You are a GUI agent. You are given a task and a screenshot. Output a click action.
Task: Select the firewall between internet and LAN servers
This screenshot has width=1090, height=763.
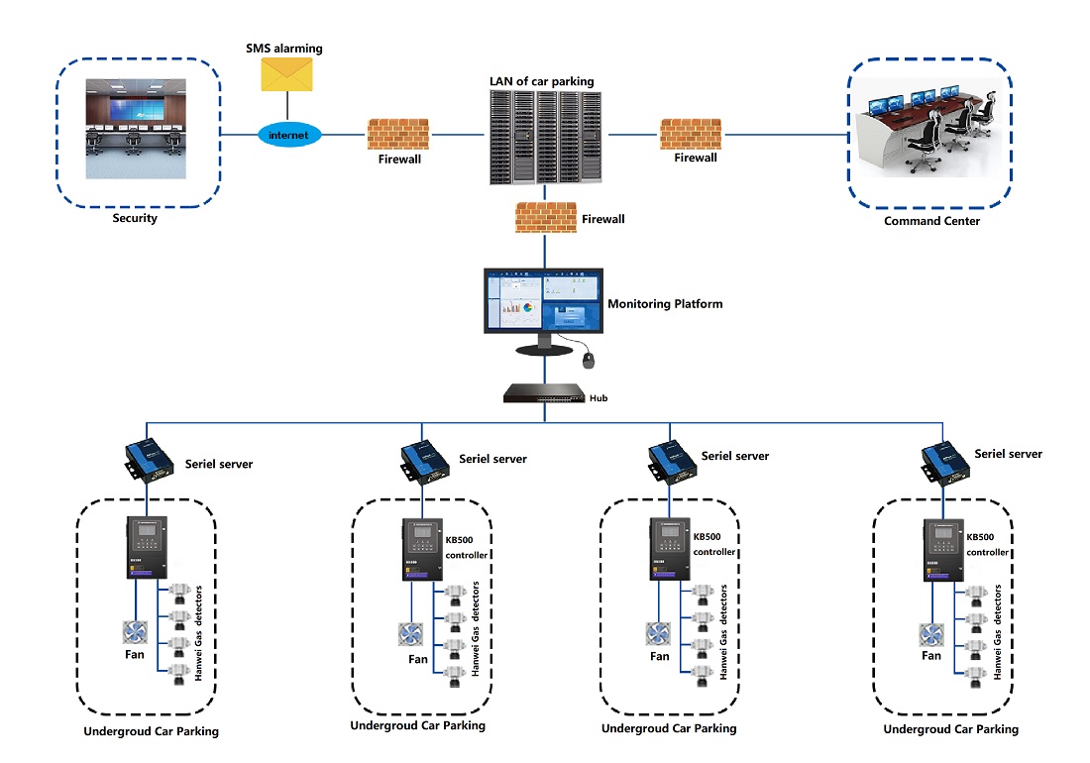(397, 134)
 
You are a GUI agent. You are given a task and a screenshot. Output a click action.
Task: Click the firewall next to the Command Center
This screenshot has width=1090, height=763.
(692, 134)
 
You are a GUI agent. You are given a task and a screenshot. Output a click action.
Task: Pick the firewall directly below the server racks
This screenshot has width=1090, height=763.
(546, 218)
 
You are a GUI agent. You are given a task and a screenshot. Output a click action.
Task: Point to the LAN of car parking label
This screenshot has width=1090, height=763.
(541, 80)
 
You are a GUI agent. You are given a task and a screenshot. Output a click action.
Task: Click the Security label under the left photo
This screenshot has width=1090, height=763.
(135, 218)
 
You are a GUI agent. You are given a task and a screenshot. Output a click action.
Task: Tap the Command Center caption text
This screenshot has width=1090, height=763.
(931, 221)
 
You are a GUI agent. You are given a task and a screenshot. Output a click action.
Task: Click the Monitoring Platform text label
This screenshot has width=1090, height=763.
(665, 304)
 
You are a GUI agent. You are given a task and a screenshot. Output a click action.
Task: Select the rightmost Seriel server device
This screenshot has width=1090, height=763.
(944, 458)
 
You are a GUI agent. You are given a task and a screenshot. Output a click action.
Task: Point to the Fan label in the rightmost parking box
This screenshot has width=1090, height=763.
(931, 655)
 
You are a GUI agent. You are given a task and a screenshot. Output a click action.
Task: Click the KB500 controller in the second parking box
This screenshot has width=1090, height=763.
(419, 556)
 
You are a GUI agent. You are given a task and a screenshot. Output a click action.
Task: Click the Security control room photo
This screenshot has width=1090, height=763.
(136, 129)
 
